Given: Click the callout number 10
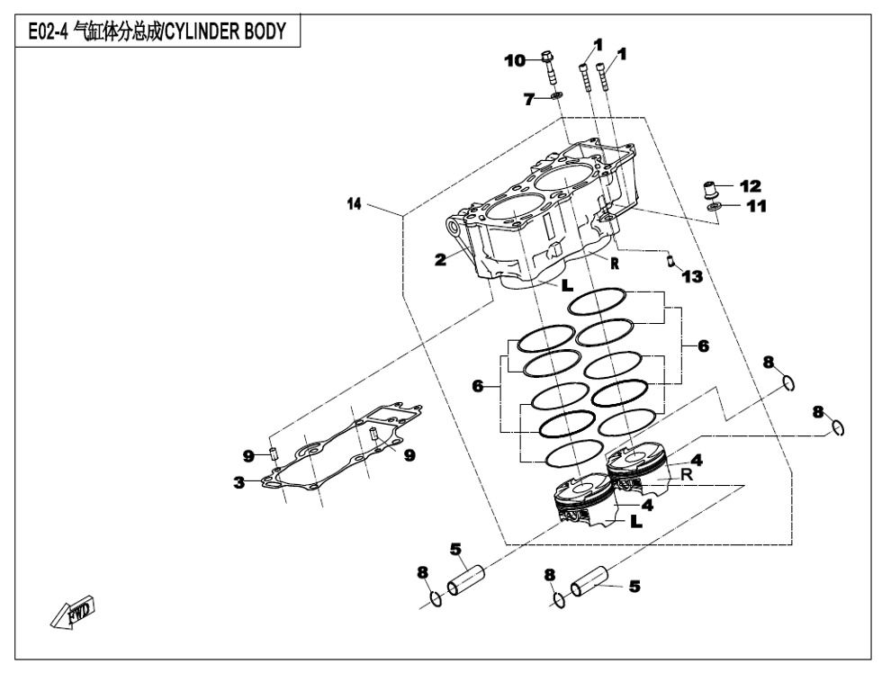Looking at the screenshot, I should [x=514, y=61].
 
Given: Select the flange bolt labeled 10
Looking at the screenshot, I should [x=548, y=67].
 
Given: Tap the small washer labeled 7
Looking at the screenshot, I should [x=555, y=94].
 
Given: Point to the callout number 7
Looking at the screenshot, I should [x=530, y=99].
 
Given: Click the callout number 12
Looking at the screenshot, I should [x=750, y=186].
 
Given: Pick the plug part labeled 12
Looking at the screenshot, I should [x=710, y=191].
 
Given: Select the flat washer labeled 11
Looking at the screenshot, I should [x=714, y=208].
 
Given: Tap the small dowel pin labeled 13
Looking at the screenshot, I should [x=670, y=261].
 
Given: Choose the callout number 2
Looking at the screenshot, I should [x=440, y=260].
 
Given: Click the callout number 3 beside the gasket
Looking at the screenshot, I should [x=239, y=483].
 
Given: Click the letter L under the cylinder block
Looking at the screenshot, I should [x=567, y=286].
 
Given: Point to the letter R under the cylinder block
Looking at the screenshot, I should [x=614, y=263].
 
